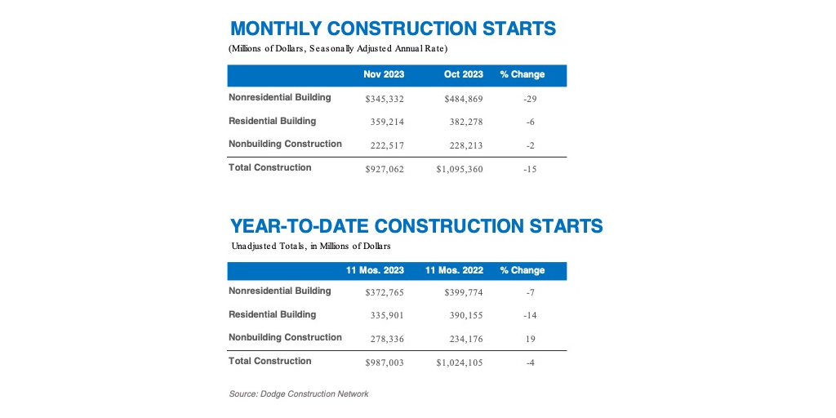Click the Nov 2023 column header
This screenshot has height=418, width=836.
point(384,74)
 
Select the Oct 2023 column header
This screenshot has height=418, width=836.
point(464,74)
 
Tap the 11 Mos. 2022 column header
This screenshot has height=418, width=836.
point(454,270)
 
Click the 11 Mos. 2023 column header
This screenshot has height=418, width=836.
point(376,270)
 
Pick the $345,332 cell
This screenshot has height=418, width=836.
point(385,99)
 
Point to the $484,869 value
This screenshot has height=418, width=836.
point(464,99)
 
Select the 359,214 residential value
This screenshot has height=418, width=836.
point(388,122)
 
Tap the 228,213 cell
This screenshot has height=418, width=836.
point(466,145)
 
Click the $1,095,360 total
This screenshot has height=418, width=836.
point(460,170)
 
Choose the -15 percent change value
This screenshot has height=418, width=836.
point(530,170)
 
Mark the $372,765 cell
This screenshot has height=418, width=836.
point(385,292)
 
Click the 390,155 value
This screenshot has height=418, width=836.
point(466,316)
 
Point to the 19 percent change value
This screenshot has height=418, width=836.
point(530,339)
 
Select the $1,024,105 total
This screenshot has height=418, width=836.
point(460,363)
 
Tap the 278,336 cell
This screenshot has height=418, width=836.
point(388,339)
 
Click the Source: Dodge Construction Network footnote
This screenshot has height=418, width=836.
point(299,394)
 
